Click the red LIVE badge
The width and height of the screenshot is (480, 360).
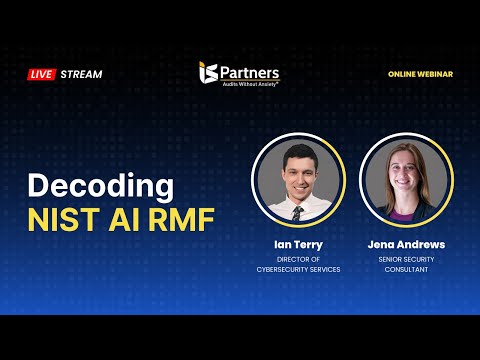(x=41, y=74)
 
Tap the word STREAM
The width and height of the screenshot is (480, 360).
(x=81, y=74)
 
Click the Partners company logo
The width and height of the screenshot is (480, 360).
(x=239, y=73)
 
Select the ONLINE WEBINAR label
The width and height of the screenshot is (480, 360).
(x=420, y=74)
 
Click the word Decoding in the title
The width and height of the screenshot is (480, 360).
(x=100, y=186)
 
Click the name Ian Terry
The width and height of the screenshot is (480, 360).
(x=298, y=244)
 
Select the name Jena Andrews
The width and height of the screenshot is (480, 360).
(x=405, y=244)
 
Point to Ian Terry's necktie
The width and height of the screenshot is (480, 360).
(x=297, y=212)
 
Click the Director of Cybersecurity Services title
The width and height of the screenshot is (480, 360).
(x=298, y=263)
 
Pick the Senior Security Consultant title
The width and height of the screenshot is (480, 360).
(x=405, y=263)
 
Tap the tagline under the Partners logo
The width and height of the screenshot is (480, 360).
(x=250, y=84)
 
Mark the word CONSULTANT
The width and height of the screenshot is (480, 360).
(x=405, y=269)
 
